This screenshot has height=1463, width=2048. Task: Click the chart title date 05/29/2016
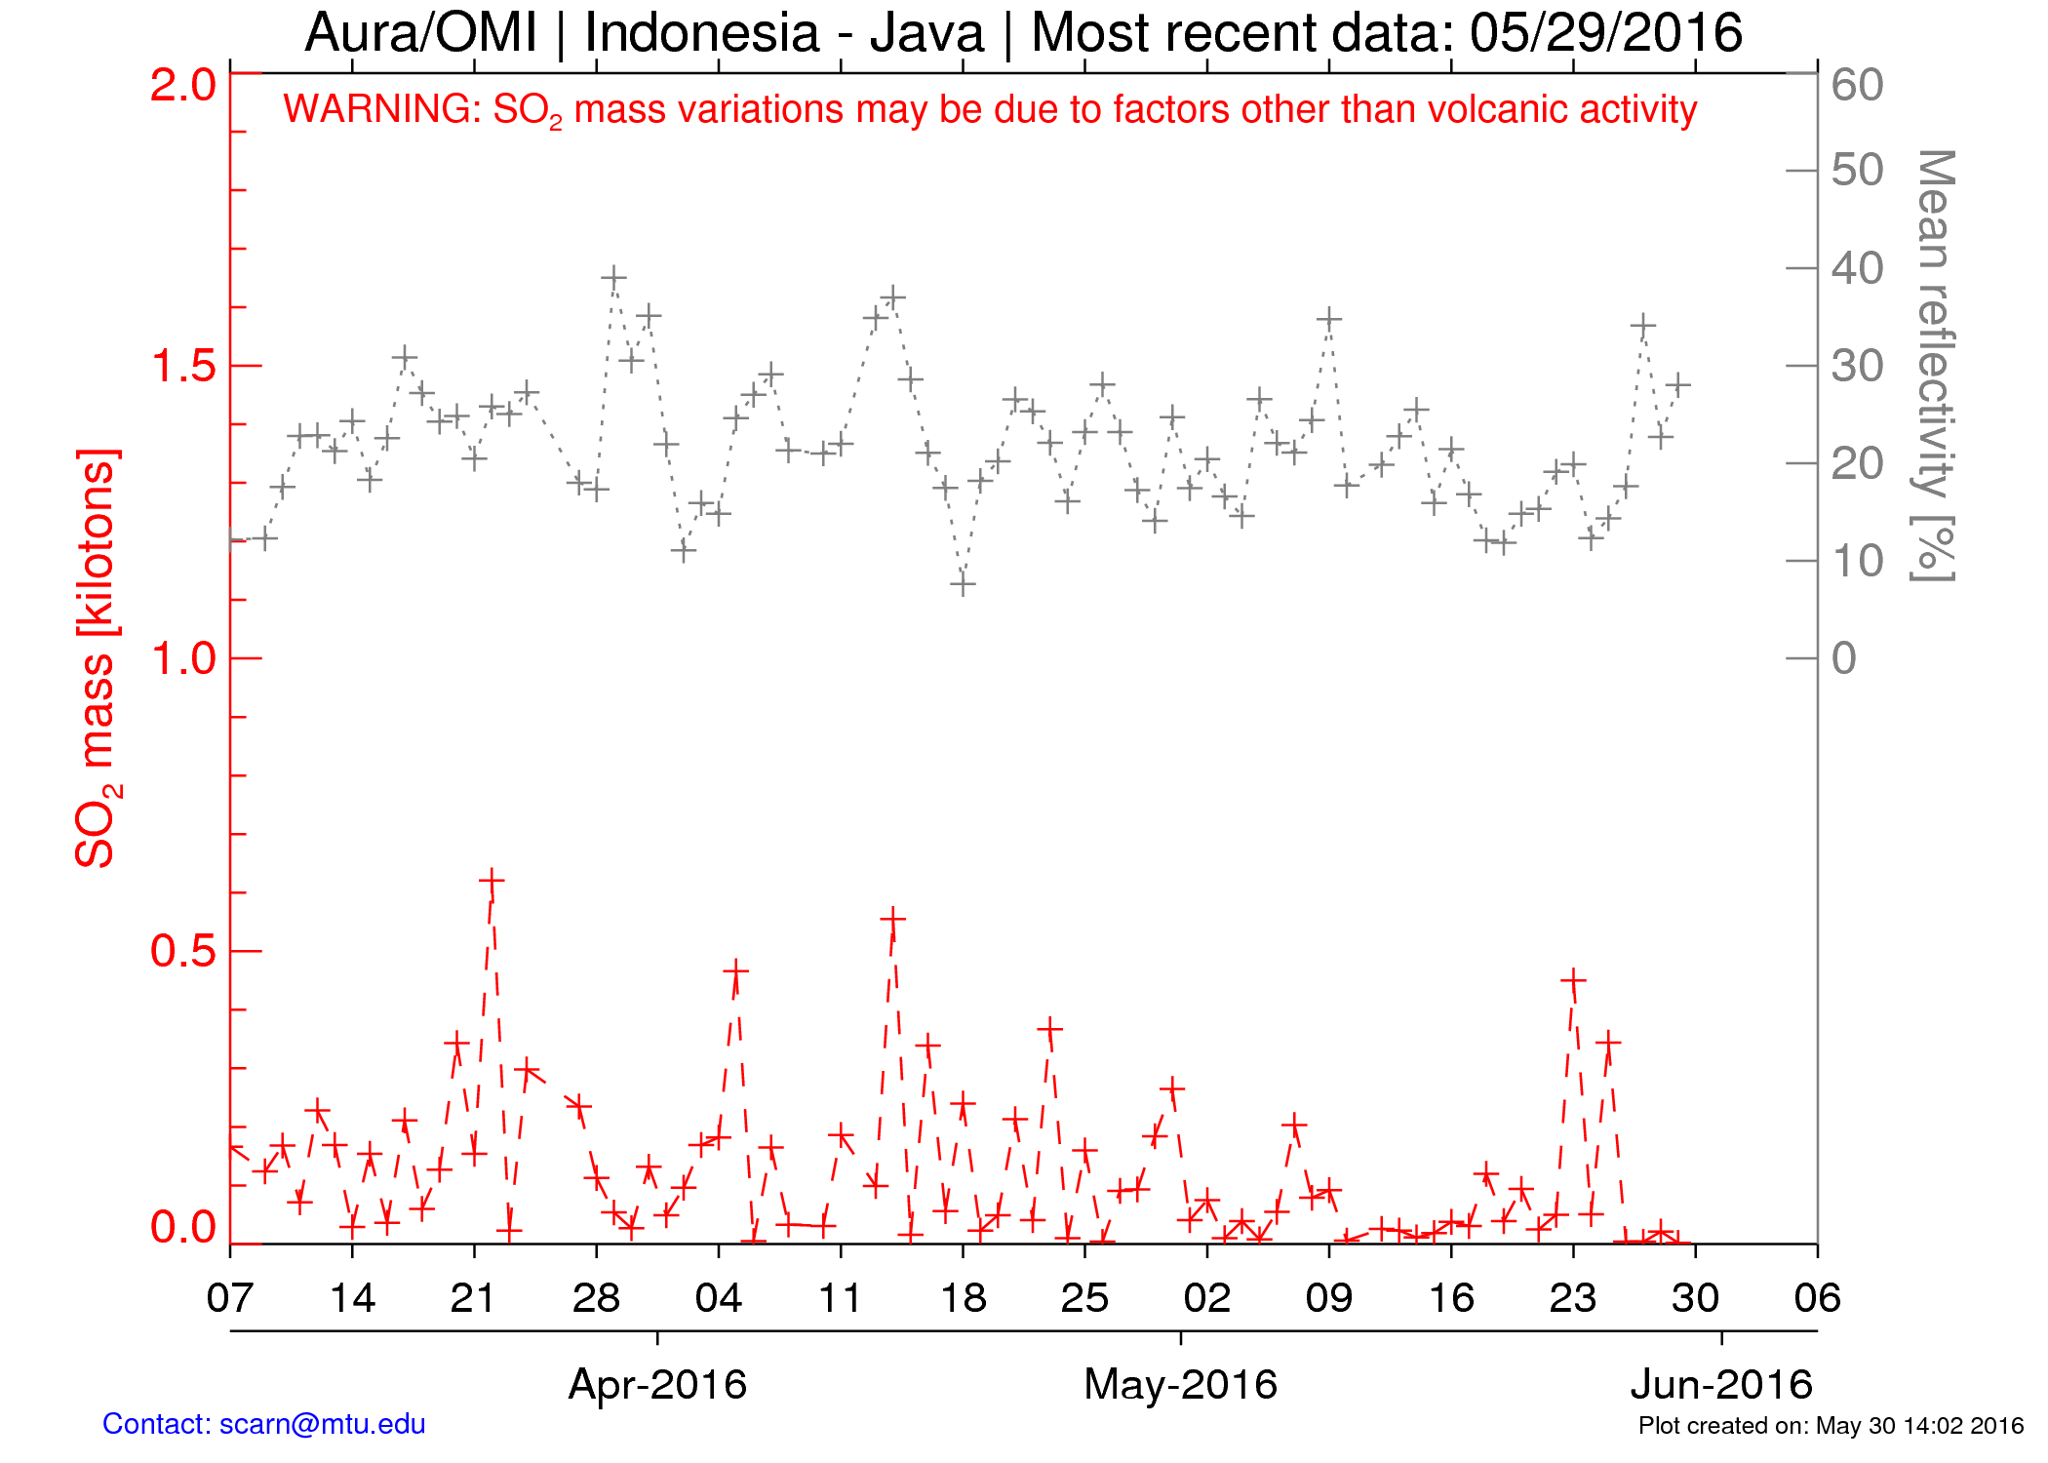pos(1605,33)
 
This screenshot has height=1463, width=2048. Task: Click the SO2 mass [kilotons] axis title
pos(98,658)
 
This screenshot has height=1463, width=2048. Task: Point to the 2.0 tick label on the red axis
pos(183,86)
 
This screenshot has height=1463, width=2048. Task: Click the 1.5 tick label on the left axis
pos(183,367)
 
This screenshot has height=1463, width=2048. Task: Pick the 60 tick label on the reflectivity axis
pos(1857,86)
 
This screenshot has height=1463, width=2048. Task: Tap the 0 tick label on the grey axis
pos(1843,659)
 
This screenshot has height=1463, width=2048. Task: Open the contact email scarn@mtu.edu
pos(322,1425)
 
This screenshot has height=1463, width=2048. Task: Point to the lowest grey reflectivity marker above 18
pos(963,584)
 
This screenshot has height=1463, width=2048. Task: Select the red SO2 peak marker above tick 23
pos(1572,980)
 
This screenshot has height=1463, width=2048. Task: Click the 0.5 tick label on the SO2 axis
pos(183,952)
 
